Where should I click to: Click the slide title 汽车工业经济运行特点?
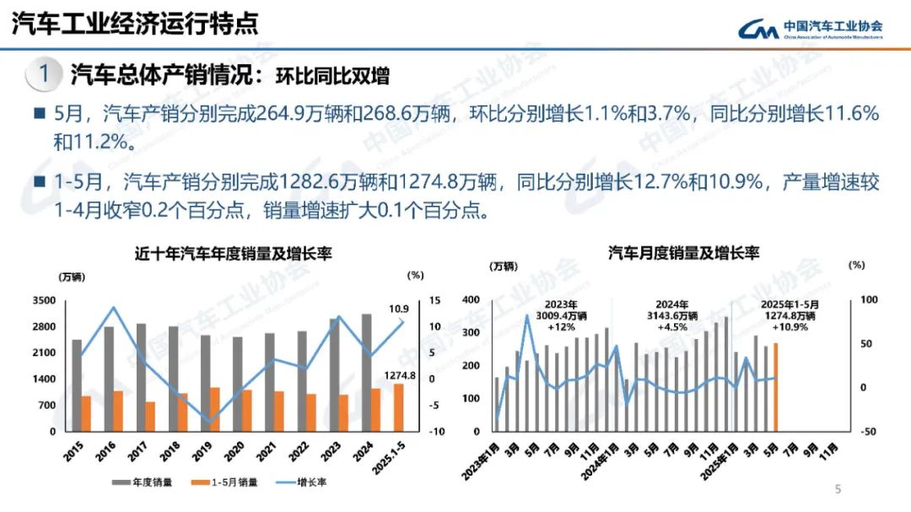[x=135, y=23]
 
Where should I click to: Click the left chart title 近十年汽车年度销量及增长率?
[x=229, y=253]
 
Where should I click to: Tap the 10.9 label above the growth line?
[x=399, y=309]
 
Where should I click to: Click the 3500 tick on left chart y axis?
[x=45, y=300]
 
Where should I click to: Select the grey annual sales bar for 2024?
[x=366, y=372]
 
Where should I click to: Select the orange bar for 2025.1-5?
[x=399, y=407]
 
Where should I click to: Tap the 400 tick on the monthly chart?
[x=472, y=300]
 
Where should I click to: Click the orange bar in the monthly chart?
[x=775, y=386]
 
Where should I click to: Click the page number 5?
[x=838, y=488]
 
